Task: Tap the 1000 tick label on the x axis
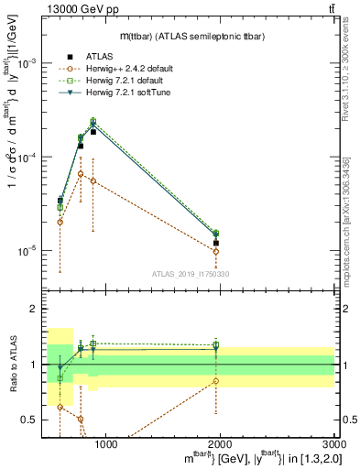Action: (x=106, y=444)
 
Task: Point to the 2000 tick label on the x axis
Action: (x=220, y=444)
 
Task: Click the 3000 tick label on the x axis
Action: (x=331, y=444)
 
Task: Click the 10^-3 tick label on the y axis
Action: (x=28, y=63)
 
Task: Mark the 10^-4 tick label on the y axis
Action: (x=28, y=157)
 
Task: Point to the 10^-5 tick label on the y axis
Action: (x=28, y=250)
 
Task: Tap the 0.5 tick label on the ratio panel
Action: (x=29, y=420)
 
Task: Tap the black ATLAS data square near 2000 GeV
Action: (x=216, y=243)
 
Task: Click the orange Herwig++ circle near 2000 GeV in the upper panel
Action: (x=216, y=251)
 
